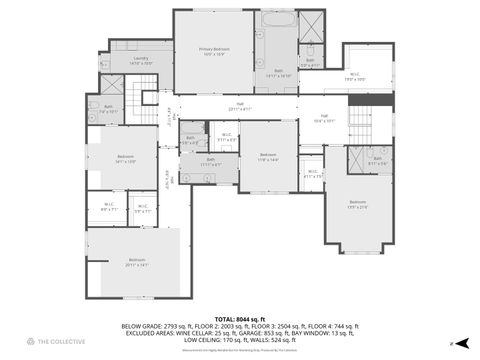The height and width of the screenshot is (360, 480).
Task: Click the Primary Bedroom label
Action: (x=213, y=50)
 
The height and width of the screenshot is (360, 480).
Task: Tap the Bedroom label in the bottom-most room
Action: (x=136, y=261)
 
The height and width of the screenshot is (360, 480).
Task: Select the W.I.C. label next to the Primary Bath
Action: (x=355, y=75)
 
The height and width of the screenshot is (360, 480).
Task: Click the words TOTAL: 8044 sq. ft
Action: (x=240, y=319)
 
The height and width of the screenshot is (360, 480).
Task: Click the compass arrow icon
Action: (x=452, y=342)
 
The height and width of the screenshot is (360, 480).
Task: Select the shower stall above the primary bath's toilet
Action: (x=311, y=24)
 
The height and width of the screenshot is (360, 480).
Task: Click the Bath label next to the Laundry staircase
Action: (x=106, y=108)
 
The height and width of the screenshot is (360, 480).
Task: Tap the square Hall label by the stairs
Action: (x=324, y=117)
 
